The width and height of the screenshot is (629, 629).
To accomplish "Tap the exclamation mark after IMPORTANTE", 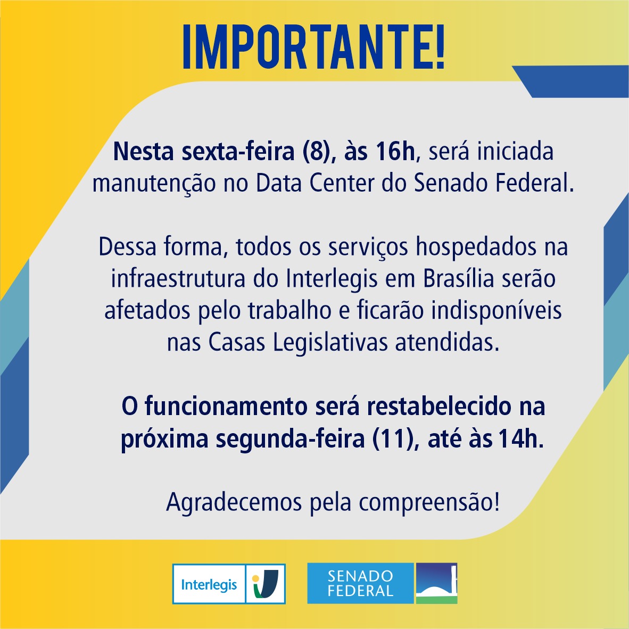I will click(x=438, y=46).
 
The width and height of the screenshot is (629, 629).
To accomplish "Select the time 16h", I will click(x=395, y=152).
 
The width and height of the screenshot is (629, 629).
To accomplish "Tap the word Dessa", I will click(x=128, y=247).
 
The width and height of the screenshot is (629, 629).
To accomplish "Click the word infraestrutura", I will click(x=178, y=279).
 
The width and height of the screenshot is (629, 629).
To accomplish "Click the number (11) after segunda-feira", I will click(x=392, y=439).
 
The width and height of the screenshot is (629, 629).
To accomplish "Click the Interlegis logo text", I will click(x=209, y=584).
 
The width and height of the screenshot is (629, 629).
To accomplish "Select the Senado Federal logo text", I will click(x=360, y=583).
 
